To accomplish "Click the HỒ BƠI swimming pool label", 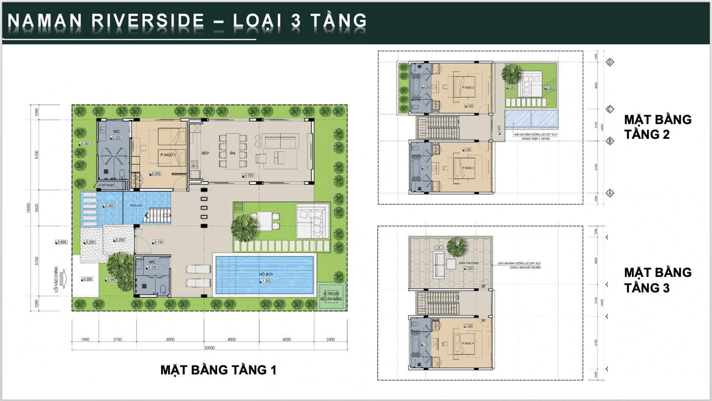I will click(266, 275).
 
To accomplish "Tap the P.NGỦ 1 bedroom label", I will click(168, 155).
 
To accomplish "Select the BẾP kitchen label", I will click(205, 153).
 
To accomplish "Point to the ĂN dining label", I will click(232, 153).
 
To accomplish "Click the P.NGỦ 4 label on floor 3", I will click(468, 344).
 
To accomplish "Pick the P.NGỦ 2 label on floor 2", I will click(468, 88).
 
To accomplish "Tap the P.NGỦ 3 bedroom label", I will click(468, 168).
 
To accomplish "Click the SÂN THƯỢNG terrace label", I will click(469, 263).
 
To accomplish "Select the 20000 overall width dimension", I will click(209, 348).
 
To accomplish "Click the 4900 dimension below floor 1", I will click(170, 340).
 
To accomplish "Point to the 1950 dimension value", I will click(85, 340).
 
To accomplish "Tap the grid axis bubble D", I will click(610, 62).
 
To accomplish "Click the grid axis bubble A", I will click(610, 193).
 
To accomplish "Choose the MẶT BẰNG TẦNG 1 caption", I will click(218, 370).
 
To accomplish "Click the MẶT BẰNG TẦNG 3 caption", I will click(657, 280).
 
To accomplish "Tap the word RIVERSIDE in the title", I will click(148, 21).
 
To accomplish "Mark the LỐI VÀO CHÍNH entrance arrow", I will click(63, 279).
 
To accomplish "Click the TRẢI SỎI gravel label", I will click(136, 206).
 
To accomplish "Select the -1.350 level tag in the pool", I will click(266, 281).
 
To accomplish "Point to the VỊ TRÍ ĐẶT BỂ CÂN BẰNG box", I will click(332, 296).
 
